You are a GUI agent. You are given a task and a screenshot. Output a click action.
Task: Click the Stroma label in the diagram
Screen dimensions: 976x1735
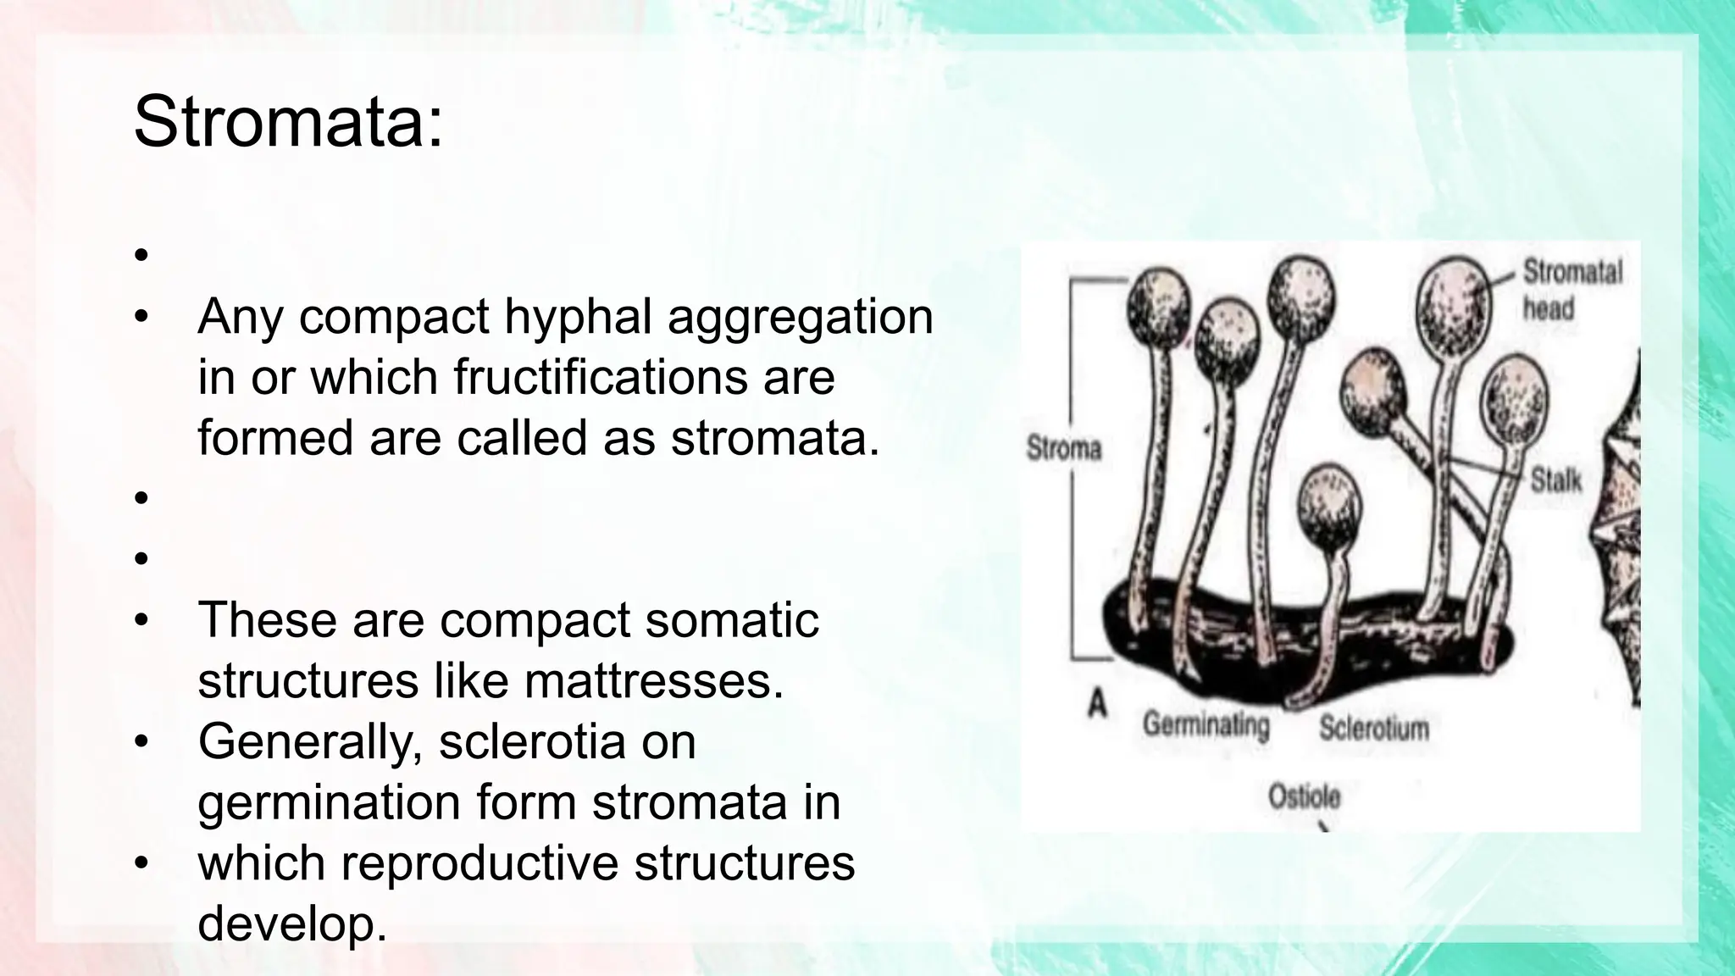tap(1063, 448)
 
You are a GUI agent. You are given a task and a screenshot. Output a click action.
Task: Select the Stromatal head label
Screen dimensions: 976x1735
tap(1571, 289)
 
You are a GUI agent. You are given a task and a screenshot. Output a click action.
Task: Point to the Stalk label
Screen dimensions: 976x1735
tap(1555, 481)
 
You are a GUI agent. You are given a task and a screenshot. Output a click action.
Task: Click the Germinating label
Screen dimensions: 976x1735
tap(1206, 725)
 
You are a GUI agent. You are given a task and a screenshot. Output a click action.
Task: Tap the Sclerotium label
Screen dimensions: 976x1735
tap(1373, 728)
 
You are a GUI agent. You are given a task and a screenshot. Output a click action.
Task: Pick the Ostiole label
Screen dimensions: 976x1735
tap(1304, 797)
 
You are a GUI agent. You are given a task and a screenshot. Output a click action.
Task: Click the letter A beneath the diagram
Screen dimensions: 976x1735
tap(1098, 703)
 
